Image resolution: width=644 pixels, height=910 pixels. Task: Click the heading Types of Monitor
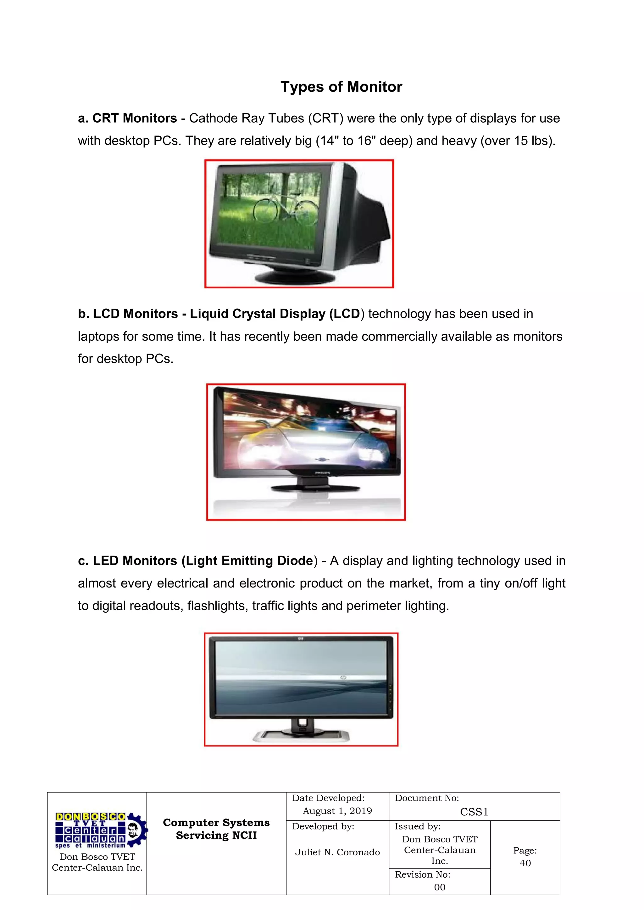point(341,87)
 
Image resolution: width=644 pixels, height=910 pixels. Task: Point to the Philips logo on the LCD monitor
point(322,473)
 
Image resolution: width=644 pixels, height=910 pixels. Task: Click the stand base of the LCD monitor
point(315,488)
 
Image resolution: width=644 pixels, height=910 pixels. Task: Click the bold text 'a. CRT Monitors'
point(127,118)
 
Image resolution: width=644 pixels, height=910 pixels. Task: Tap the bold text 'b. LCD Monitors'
point(128,314)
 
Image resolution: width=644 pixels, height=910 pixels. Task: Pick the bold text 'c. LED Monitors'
point(127,561)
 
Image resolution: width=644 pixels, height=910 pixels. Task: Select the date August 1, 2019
point(337,811)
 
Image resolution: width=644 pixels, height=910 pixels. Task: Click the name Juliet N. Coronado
point(337,852)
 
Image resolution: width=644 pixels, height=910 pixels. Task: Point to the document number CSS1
point(474,812)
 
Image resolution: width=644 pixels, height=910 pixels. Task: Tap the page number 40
point(525,863)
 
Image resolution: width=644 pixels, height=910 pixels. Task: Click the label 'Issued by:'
point(418,826)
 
